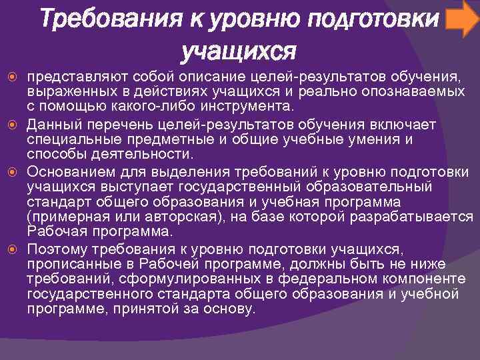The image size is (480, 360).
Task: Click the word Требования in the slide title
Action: [109, 19]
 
